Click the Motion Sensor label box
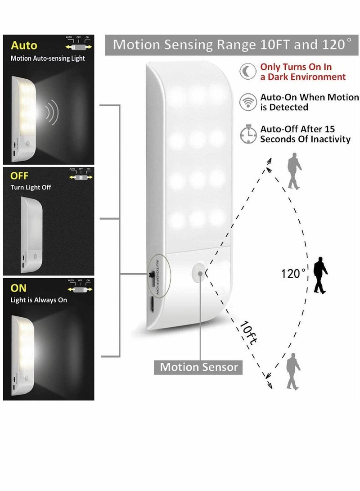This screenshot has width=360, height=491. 199,367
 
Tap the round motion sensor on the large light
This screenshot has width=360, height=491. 197,272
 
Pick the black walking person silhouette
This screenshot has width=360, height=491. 320,275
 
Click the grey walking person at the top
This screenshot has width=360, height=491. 294,171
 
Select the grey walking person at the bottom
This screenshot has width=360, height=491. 293,371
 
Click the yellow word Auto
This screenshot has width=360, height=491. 24,45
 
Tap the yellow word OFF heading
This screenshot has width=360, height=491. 19,175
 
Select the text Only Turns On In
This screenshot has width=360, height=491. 296,67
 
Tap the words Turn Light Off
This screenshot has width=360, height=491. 31,187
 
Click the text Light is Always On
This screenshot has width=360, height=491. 39,300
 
